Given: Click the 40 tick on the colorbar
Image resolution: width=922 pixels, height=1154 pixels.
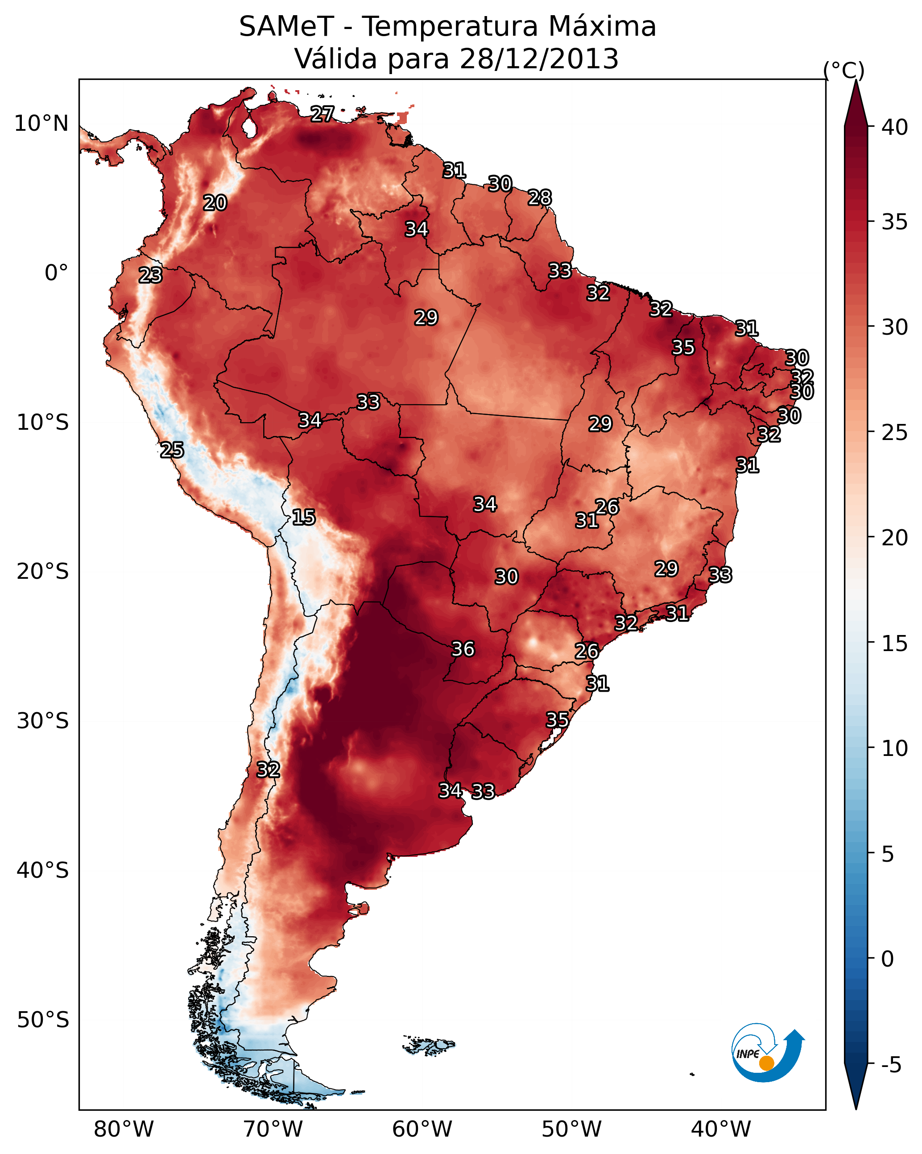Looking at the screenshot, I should click(x=893, y=127).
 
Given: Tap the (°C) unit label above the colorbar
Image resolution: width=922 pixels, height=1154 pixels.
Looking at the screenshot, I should click(x=843, y=70).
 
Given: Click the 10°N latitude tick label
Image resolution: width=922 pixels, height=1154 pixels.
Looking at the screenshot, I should click(x=41, y=124).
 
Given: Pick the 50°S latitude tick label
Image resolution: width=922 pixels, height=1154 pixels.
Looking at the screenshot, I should click(x=43, y=1020).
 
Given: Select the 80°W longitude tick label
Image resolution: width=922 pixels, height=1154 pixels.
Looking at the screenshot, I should click(x=124, y=1129).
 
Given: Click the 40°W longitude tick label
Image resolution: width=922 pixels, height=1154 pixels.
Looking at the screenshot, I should click(x=721, y=1129).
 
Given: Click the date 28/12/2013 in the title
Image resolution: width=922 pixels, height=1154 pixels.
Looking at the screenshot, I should click(x=539, y=59).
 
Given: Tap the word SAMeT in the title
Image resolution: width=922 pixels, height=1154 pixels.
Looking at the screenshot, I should click(x=286, y=27).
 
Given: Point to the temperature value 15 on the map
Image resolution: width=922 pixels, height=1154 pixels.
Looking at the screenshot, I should click(x=304, y=517).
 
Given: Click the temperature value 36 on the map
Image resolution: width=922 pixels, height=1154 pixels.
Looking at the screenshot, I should click(x=463, y=649).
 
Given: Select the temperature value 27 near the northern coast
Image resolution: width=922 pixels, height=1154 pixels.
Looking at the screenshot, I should click(x=322, y=113).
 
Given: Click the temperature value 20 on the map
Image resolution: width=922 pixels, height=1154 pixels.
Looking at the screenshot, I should click(x=215, y=203).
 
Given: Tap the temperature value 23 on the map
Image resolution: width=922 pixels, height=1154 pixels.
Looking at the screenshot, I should click(x=150, y=275).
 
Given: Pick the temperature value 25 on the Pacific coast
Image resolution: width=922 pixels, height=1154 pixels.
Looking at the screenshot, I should click(x=172, y=450).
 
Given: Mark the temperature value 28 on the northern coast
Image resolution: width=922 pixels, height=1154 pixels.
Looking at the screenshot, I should click(x=540, y=198).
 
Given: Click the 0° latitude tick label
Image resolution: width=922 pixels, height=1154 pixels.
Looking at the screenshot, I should click(x=56, y=273).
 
